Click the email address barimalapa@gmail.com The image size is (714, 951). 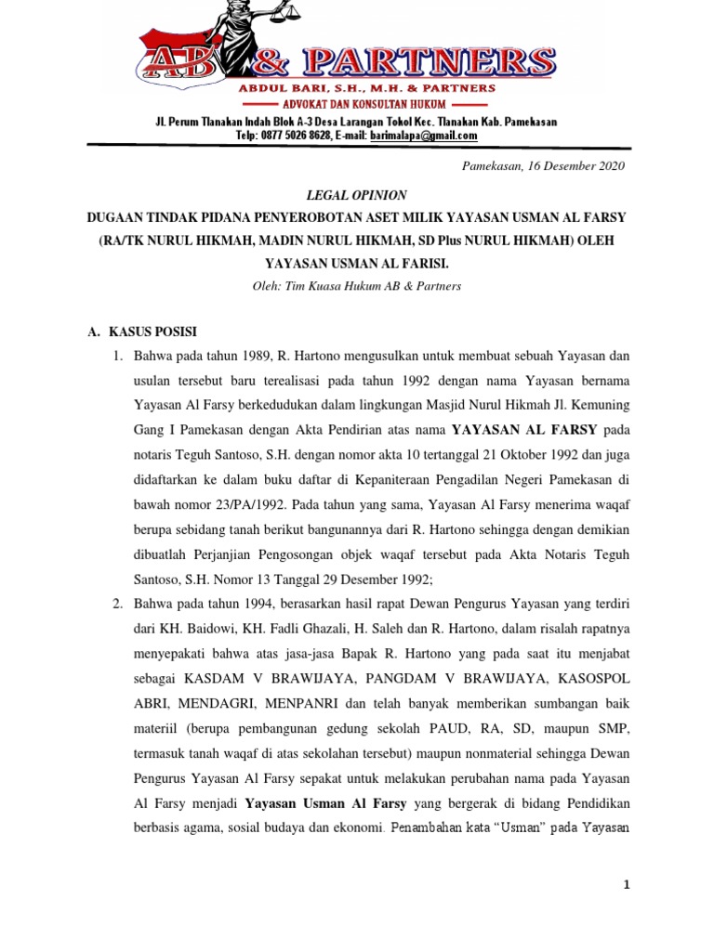click(x=424, y=136)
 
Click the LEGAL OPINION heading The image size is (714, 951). click(x=356, y=194)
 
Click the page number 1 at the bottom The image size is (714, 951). click(x=627, y=885)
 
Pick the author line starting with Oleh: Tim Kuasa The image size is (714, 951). click(x=356, y=286)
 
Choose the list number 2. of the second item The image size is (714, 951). click(x=119, y=605)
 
